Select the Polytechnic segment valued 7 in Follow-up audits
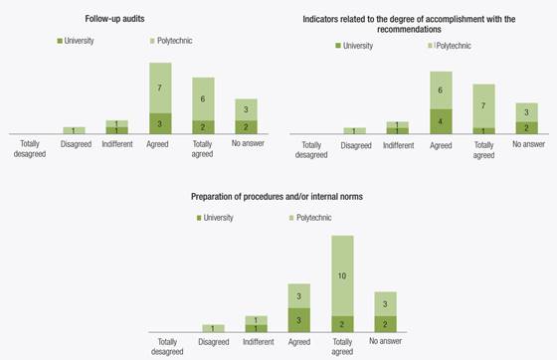160,88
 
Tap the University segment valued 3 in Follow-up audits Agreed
160,123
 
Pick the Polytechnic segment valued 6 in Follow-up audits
203,98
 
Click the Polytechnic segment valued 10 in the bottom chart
343,275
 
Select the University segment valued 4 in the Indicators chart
442,121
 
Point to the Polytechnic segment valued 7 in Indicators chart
483,104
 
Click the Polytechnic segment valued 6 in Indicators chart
442,90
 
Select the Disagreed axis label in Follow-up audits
75,144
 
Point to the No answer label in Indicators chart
527,144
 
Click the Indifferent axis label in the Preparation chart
256,341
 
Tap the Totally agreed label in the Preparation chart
343,346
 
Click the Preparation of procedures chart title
277,197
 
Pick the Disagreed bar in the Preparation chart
213,328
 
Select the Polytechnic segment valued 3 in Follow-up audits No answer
246,109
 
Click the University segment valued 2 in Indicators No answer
527,127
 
